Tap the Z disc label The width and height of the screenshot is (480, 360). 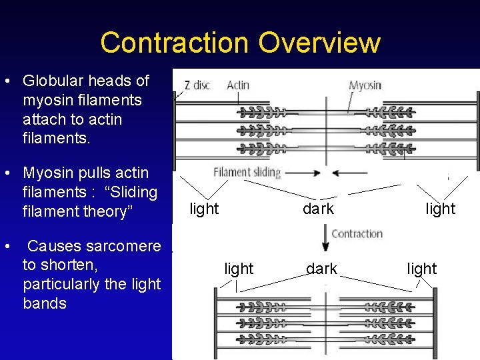click(x=197, y=85)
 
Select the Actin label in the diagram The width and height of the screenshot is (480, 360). click(x=238, y=85)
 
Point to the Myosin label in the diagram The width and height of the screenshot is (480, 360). click(x=365, y=85)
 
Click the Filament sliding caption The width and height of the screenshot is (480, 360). click(x=247, y=172)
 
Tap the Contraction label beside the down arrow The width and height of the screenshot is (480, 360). click(x=357, y=234)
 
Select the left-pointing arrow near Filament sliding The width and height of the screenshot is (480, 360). click(x=347, y=173)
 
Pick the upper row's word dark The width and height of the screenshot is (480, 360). click(x=318, y=209)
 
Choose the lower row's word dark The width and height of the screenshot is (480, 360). click(x=321, y=269)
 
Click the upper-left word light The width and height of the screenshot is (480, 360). click(x=204, y=209)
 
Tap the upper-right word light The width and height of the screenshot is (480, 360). click(x=441, y=209)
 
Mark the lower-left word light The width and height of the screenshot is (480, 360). click(x=239, y=269)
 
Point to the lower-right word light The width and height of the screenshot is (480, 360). click(x=421, y=269)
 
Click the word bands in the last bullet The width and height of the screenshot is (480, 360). click(x=45, y=303)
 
